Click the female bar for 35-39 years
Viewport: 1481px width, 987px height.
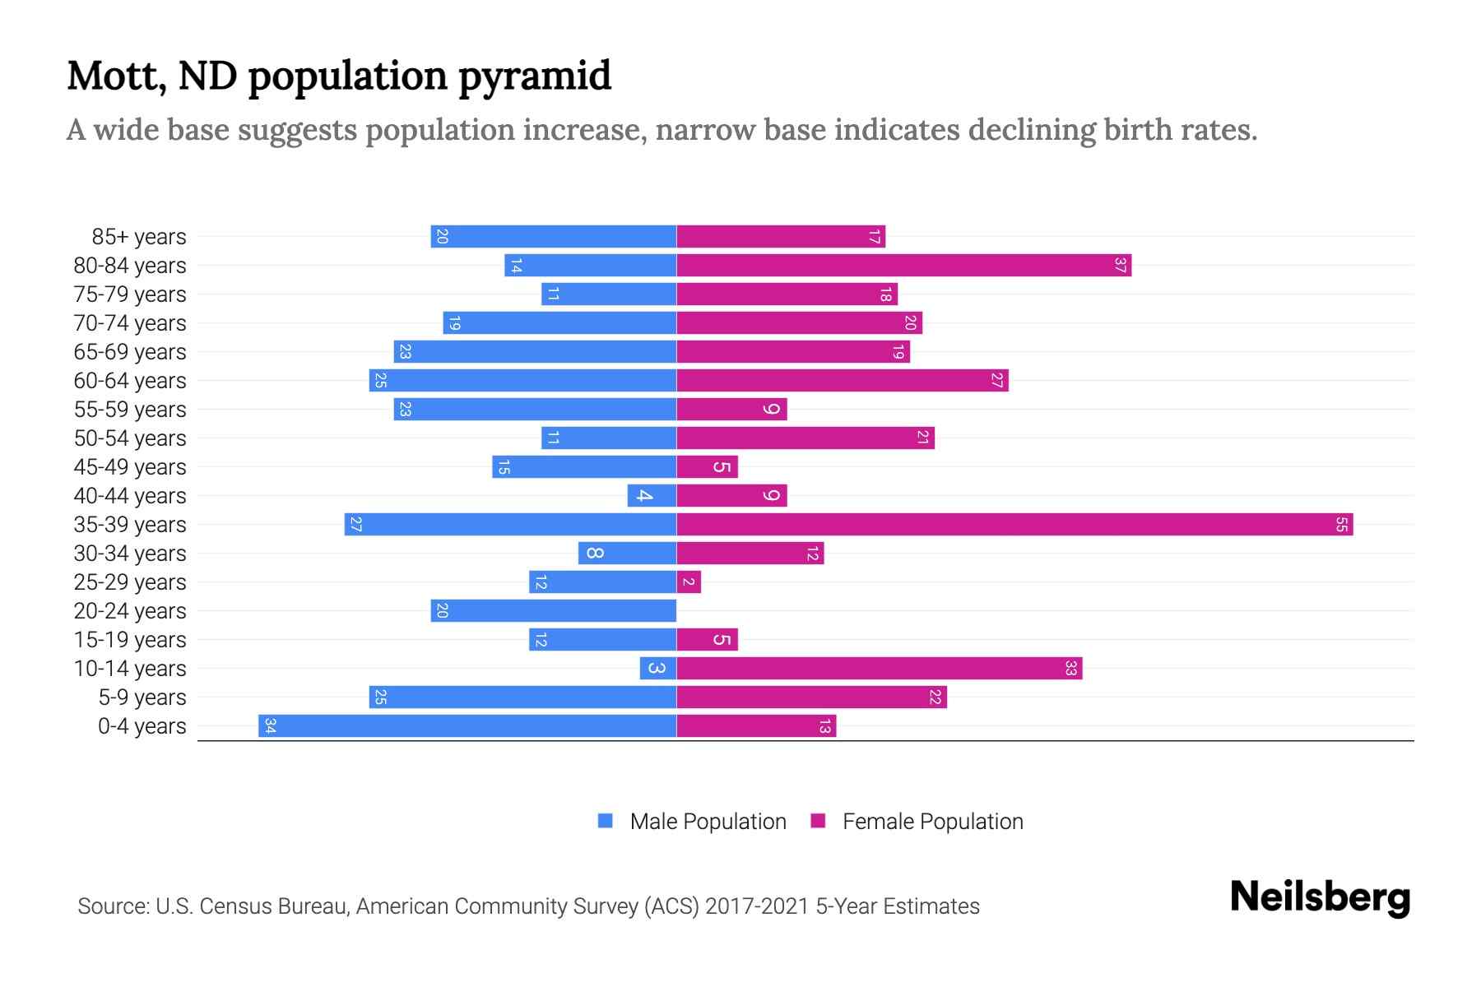tap(1014, 525)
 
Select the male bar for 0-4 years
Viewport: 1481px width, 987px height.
tap(467, 726)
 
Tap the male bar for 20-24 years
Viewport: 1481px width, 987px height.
tap(553, 611)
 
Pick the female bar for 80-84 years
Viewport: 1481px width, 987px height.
tap(903, 266)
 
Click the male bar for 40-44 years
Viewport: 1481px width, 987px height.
tap(652, 496)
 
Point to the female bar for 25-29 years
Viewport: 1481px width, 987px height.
tap(689, 582)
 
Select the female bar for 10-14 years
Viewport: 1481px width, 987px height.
tap(879, 669)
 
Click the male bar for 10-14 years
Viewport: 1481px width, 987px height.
tap(658, 669)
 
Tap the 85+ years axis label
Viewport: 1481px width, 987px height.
tap(139, 237)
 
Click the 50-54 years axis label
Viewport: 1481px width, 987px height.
tap(130, 438)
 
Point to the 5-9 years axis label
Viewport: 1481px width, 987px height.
tap(142, 697)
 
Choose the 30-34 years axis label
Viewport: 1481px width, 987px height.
tap(130, 554)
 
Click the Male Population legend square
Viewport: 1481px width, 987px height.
tap(606, 821)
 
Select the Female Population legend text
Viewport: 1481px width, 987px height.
tap(932, 822)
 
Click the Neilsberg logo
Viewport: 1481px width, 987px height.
tap(1320, 897)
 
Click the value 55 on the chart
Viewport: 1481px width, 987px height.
tap(1341, 525)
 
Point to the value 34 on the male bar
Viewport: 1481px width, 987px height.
tap(270, 726)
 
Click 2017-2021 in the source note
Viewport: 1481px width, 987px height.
tap(757, 906)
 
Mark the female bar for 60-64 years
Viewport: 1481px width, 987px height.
tap(842, 381)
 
